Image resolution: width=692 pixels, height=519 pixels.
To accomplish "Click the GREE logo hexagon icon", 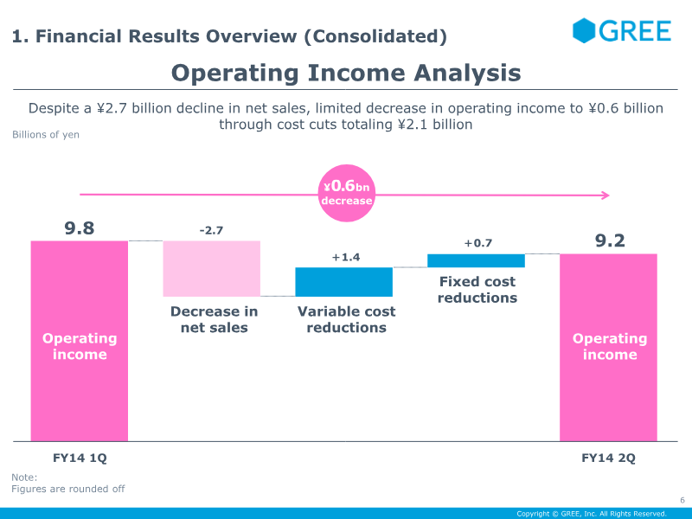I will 585,30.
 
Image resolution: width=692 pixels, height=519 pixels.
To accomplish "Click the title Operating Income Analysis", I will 346,73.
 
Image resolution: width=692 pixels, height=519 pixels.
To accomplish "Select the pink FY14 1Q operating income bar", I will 80,341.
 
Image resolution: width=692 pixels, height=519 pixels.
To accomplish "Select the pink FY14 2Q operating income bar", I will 609,347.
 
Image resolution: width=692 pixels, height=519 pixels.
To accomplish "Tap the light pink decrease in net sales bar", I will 212,268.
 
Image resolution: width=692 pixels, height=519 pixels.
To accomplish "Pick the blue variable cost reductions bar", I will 343,282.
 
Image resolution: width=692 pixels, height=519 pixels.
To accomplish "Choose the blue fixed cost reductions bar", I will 476,260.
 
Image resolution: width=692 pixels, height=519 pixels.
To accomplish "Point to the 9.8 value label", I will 80,228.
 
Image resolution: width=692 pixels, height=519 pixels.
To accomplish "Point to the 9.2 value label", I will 609,240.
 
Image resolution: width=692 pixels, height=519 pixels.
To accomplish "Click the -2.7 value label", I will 211,230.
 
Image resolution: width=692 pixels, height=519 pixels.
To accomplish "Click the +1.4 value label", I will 345,257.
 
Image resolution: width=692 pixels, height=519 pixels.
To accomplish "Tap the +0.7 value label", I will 477,243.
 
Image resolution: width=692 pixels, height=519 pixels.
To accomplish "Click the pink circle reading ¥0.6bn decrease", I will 346,193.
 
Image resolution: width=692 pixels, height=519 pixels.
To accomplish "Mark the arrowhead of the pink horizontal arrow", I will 607,195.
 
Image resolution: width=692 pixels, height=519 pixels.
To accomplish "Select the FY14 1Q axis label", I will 80,458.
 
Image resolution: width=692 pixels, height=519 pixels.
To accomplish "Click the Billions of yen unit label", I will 45,135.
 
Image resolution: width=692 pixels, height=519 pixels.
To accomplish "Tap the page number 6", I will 682,499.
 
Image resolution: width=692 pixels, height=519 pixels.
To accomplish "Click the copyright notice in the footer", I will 591,514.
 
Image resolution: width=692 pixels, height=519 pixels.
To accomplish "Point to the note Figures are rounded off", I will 67,489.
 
